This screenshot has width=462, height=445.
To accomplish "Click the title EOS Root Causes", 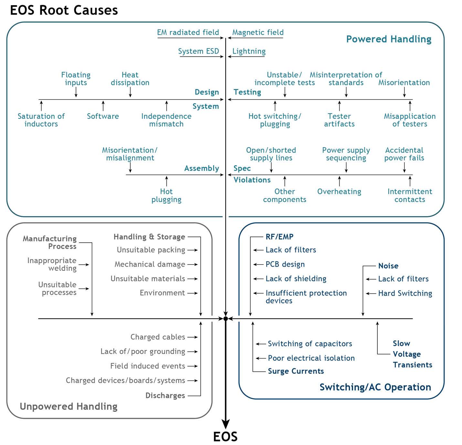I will [64, 10].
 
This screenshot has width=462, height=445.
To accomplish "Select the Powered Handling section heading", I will [389, 39].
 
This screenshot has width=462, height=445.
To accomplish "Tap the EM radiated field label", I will [188, 33].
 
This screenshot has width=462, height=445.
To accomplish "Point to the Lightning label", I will [249, 51].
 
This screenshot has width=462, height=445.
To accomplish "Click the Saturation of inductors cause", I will [41, 120].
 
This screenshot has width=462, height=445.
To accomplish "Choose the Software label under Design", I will [103, 116].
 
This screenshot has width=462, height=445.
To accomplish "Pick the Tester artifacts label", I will [339, 120].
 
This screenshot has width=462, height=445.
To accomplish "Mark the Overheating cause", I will [339, 192].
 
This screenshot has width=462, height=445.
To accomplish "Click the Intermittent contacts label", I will [410, 196].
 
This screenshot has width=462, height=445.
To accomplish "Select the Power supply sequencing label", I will [346, 154].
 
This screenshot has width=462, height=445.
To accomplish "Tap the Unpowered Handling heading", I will [68, 407].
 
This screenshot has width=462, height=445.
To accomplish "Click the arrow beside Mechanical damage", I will [193, 264].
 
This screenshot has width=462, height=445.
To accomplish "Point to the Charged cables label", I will [158, 337].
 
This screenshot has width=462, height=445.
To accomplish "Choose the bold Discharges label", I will [165, 396].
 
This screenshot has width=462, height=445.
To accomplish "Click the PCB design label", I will [285, 264].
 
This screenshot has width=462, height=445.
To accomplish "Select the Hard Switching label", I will [405, 293].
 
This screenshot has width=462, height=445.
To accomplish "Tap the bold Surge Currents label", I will [296, 371].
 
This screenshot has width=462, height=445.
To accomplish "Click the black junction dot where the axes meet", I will [226, 319].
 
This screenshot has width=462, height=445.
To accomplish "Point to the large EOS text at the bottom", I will [226, 437].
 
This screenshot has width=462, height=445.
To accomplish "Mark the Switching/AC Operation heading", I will [375, 387].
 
